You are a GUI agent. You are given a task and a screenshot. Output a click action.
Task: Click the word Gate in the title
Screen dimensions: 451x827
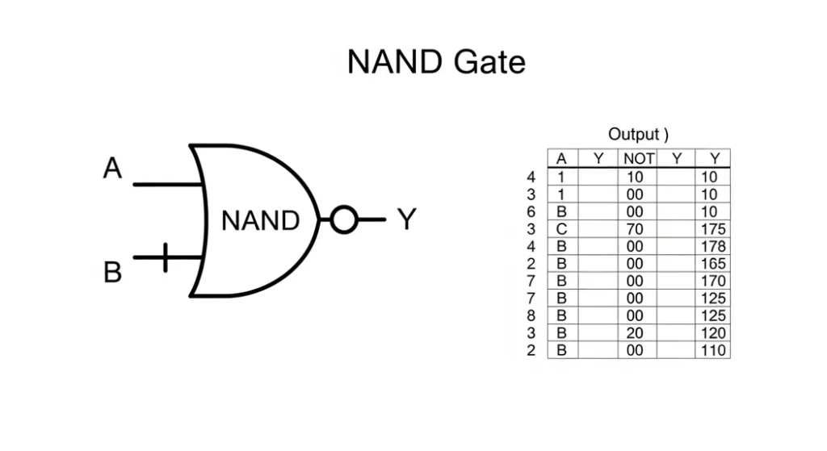(490, 62)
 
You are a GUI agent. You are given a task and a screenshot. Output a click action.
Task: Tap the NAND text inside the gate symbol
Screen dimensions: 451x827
(260, 220)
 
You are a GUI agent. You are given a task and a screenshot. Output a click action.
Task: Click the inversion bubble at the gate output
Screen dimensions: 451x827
(344, 219)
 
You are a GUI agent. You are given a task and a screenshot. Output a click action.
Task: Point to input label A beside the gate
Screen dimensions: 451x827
(112, 169)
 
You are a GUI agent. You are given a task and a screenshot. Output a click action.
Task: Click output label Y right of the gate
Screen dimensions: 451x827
(406, 219)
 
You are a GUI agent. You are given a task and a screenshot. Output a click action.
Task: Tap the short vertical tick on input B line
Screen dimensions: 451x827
(165, 257)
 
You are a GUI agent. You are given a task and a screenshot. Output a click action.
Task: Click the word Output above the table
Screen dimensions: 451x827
(633, 134)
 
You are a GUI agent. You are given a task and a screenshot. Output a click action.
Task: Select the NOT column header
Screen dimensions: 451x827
(637, 159)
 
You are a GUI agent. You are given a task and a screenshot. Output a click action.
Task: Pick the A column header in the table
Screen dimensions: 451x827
(562, 159)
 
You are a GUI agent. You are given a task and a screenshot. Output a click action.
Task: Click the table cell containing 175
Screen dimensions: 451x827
(714, 229)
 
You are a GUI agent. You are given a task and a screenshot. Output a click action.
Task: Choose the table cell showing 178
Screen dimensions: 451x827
(714, 246)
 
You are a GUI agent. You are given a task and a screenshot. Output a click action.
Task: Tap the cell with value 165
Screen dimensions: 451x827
(714, 264)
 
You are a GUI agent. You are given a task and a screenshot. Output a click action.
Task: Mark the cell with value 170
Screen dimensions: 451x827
(714, 282)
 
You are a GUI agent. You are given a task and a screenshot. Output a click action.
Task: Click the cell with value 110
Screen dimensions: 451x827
(714, 351)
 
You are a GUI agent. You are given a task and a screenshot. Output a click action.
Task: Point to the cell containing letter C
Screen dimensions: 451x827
(562, 229)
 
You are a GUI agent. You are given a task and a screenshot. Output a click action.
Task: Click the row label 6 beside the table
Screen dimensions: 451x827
(531, 211)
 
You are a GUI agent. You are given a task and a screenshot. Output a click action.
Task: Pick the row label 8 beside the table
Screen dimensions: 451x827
(531, 316)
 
